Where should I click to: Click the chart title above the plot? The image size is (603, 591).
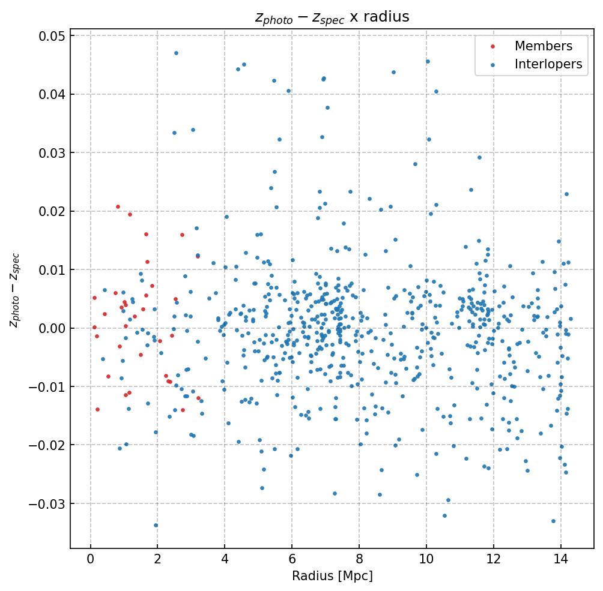[332, 17]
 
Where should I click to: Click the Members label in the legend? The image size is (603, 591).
[543, 46]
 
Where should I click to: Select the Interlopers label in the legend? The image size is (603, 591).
[548, 64]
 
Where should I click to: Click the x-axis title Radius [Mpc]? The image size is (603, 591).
[332, 576]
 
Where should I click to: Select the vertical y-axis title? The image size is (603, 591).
[14, 289]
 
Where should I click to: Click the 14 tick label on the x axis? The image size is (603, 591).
[560, 559]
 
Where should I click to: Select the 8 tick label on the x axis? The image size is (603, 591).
[359, 559]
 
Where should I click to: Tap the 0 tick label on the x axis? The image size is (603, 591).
[90, 559]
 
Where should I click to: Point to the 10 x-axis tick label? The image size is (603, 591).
[426, 559]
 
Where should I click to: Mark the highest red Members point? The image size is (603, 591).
[118, 206]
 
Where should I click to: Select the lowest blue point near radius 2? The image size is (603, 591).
[156, 525]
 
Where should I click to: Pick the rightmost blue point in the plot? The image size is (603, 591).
[571, 319]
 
